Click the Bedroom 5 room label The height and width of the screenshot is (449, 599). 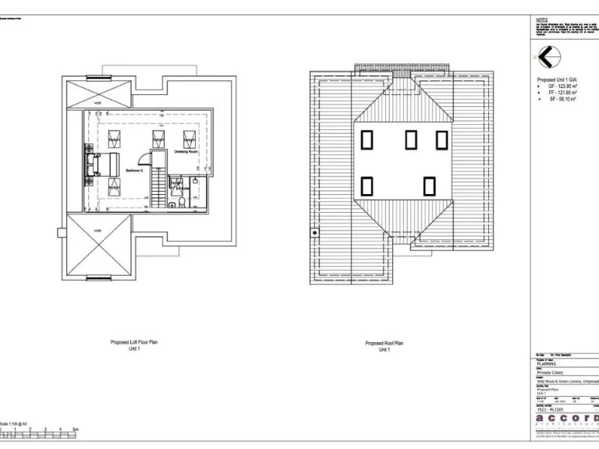coord(133,170)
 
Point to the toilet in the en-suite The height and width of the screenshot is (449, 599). coord(181,203)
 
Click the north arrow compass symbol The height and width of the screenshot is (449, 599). coord(548,57)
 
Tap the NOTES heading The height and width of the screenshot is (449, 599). coord(541,19)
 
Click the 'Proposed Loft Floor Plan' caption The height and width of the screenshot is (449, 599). coord(134,342)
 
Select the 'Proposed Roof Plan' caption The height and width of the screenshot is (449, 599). coord(384,343)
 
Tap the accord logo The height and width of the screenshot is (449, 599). coord(566,420)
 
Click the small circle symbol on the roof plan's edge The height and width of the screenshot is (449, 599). coord(314,232)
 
